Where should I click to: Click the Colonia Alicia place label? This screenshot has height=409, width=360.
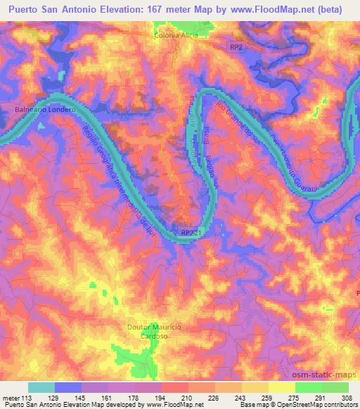(181, 34)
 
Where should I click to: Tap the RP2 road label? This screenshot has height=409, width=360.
(239, 46)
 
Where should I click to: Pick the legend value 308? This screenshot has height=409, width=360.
(347, 397)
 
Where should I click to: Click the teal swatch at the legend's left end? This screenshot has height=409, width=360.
(41, 387)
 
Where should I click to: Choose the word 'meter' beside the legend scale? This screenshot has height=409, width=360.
(10, 397)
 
